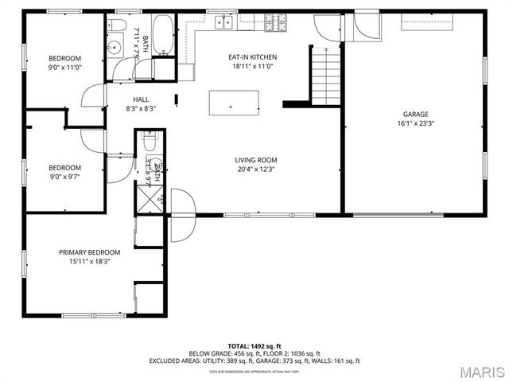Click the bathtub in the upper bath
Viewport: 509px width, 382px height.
click(163, 35)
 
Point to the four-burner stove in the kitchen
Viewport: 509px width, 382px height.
click(275, 22)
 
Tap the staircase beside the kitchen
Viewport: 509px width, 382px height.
click(325, 75)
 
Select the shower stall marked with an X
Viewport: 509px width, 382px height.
click(147, 194)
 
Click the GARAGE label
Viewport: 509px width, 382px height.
click(414, 114)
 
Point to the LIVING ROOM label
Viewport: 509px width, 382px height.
click(256, 159)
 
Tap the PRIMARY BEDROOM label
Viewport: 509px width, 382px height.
click(89, 252)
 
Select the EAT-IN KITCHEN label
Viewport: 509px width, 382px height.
click(252, 57)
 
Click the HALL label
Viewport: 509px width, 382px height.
click(141, 99)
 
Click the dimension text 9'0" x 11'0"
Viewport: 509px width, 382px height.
click(64, 68)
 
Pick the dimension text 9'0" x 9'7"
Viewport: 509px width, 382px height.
click(64, 176)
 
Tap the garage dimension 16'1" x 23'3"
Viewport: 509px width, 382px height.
click(415, 123)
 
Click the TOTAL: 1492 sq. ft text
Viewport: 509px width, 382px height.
click(254, 345)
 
